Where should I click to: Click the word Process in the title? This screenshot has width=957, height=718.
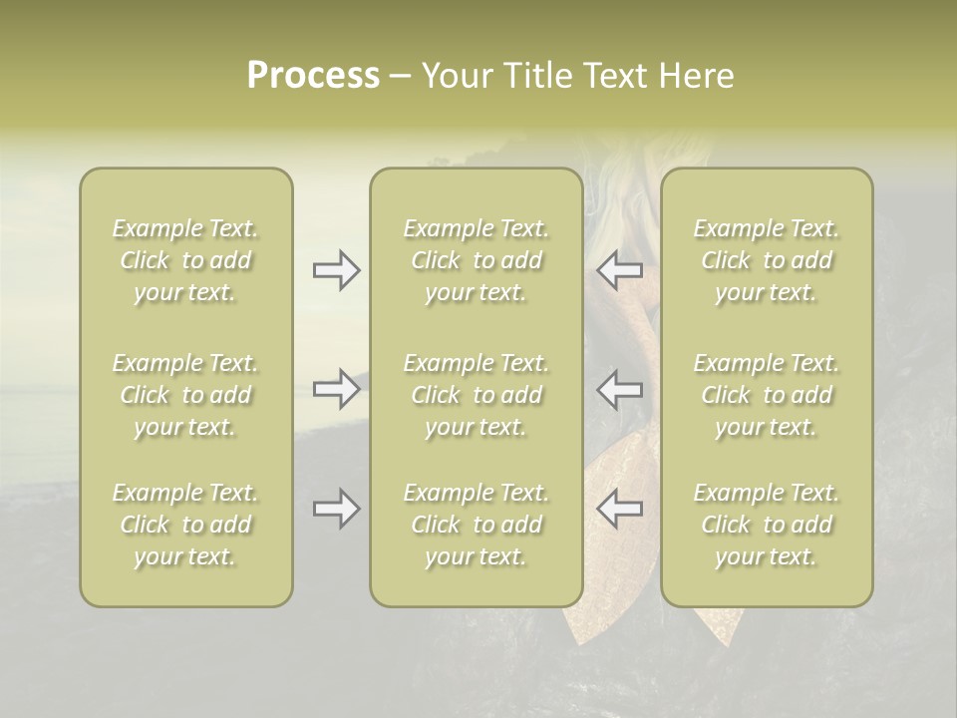point(313,76)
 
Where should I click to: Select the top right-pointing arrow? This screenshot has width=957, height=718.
point(336,270)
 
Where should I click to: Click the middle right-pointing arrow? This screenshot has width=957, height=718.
point(336,389)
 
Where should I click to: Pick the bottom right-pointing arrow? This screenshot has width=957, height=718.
point(336,509)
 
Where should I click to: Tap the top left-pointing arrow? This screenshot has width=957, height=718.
point(619,270)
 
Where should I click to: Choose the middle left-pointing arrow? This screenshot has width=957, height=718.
point(619,389)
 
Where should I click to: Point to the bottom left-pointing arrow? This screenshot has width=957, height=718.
point(619,509)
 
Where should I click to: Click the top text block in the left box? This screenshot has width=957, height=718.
point(185,260)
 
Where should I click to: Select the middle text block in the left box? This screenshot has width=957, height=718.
point(185,395)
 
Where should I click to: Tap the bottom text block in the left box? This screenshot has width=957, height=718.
point(185,525)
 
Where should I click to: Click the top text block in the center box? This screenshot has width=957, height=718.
point(477,260)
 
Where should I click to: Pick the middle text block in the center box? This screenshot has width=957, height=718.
point(477,395)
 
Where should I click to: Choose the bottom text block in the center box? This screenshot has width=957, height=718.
point(477,525)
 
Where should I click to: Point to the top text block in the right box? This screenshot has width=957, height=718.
point(767,260)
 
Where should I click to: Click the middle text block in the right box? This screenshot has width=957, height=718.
point(767,395)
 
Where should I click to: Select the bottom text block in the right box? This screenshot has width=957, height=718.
point(767,525)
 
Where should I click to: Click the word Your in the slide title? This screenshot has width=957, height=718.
point(454,76)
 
